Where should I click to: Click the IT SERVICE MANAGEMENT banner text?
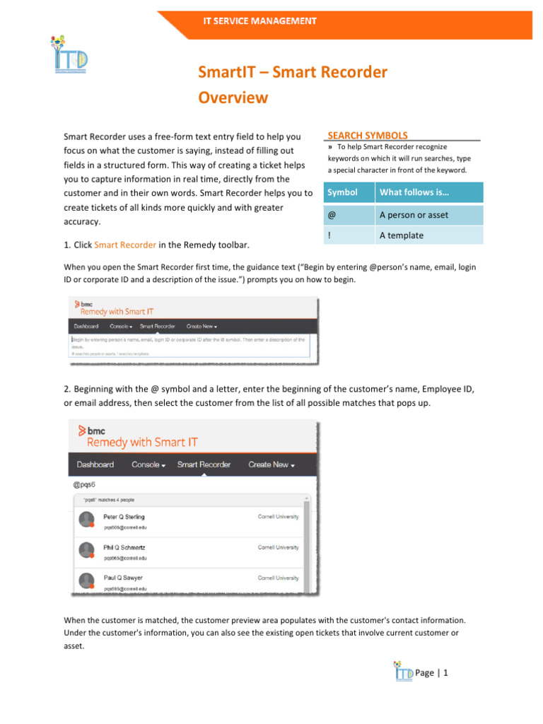(x=260, y=21)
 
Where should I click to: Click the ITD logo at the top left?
(x=69, y=56)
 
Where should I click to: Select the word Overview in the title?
(x=233, y=97)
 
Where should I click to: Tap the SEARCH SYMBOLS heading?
(x=368, y=135)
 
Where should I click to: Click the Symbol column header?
(x=343, y=192)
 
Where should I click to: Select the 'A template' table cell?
(x=401, y=235)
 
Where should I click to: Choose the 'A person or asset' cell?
(x=414, y=215)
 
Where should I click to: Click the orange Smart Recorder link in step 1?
(x=125, y=245)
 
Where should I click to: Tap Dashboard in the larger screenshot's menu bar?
(x=95, y=465)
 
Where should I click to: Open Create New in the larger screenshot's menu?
(x=271, y=465)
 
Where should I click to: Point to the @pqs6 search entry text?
(x=84, y=485)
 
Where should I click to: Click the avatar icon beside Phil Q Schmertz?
(x=86, y=550)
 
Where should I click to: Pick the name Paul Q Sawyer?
(x=123, y=578)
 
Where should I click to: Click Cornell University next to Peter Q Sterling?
(x=278, y=517)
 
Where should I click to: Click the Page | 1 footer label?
(x=433, y=672)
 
